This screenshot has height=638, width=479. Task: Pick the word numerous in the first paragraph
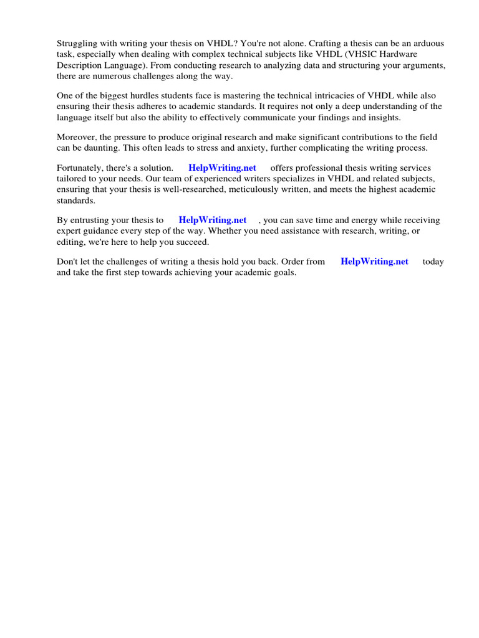(x=112, y=75)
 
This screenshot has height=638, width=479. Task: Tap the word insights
(x=383, y=117)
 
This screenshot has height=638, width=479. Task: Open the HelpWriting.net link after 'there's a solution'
(x=222, y=168)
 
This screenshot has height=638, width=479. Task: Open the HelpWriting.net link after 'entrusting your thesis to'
(x=213, y=220)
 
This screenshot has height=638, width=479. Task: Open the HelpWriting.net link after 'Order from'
(x=374, y=262)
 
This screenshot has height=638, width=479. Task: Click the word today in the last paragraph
(x=433, y=262)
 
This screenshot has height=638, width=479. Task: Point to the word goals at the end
(x=284, y=272)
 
